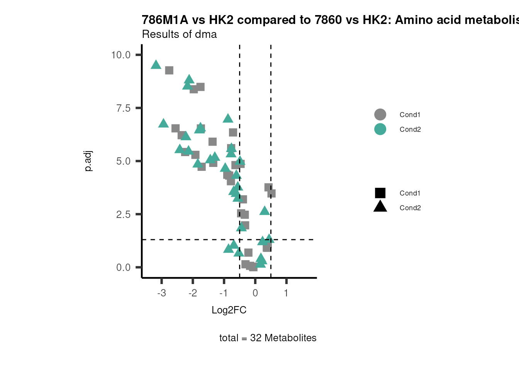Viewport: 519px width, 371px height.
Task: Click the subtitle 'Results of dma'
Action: click(179, 34)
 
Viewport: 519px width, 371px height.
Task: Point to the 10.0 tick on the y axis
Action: click(121, 55)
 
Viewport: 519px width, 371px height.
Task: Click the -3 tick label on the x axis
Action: click(161, 293)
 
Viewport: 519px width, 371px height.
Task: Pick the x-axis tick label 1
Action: click(286, 293)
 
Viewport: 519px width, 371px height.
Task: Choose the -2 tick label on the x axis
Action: click(193, 293)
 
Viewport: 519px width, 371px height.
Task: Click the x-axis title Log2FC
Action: click(229, 310)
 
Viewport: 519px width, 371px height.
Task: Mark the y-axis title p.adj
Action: click(88, 161)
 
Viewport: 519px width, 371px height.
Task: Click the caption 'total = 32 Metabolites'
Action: click(268, 338)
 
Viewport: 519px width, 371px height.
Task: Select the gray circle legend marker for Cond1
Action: click(380, 115)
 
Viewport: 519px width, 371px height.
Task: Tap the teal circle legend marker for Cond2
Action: click(380, 129)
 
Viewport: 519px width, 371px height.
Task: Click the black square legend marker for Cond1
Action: click(380, 193)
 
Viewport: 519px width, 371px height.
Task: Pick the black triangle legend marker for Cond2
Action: click(380, 207)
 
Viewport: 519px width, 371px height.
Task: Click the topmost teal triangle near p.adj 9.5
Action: click(156, 65)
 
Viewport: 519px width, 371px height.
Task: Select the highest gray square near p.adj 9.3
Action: click(169, 70)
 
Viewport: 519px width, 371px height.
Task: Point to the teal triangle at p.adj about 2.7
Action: click(265, 211)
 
